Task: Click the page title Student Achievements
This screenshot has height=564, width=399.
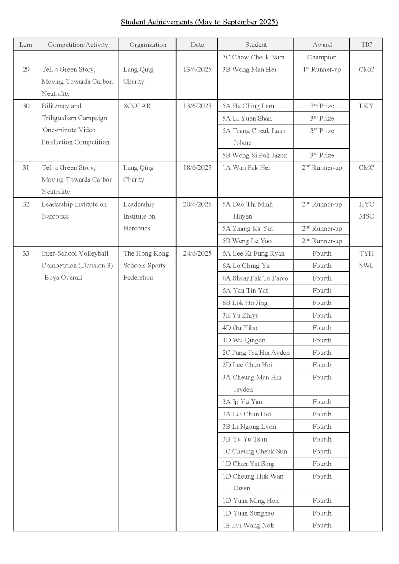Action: coord(199,22)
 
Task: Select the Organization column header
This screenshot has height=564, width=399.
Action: coord(148,45)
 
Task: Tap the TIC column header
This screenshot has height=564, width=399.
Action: coord(366,45)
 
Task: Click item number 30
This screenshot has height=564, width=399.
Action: coord(26,106)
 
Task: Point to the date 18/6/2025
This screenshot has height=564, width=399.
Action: coord(197,167)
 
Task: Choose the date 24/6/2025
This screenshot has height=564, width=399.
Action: coord(197,253)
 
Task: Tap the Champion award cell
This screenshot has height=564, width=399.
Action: coord(322,57)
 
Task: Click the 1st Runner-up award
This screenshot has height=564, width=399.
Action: coord(322,69)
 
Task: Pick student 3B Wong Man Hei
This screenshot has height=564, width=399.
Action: coord(249,69)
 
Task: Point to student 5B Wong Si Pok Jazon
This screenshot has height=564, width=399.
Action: coord(255,155)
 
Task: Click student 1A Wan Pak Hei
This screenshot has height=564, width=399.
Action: coord(246,167)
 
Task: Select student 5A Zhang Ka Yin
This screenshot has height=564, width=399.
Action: coord(247,228)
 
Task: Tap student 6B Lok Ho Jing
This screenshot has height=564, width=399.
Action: coord(245,303)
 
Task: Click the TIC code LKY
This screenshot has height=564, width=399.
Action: coord(366,106)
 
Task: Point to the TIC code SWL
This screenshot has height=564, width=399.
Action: coord(366,266)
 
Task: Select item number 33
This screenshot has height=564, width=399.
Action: coord(26,253)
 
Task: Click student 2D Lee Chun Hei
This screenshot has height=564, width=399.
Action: coord(247,365)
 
